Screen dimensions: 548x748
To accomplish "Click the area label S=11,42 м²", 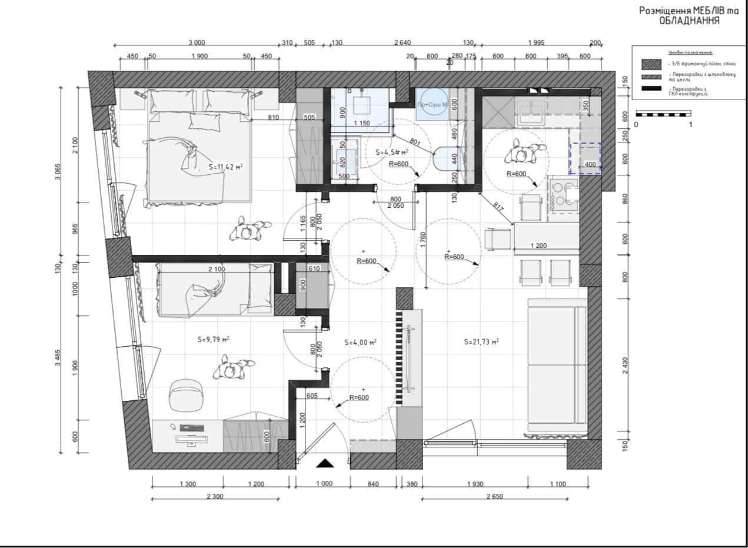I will (x=225, y=167).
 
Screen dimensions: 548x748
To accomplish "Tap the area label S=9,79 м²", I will (x=213, y=340).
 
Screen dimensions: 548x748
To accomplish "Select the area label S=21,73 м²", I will (x=481, y=341).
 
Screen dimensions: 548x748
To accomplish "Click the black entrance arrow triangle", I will (x=324, y=463).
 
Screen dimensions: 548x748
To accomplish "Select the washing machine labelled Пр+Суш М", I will (x=433, y=105).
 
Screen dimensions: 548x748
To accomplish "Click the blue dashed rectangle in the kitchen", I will (x=584, y=158).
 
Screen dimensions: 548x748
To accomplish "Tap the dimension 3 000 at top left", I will (x=197, y=42).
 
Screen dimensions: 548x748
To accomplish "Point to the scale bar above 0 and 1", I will (x=663, y=114).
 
